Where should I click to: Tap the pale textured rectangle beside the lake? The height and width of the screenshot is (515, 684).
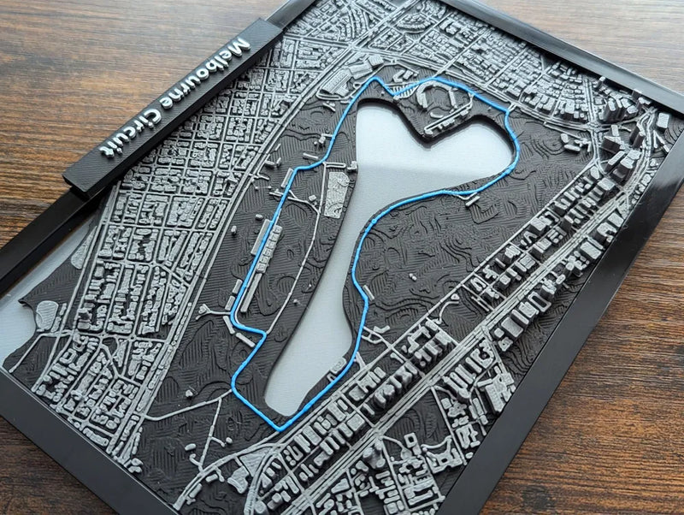[337, 193]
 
